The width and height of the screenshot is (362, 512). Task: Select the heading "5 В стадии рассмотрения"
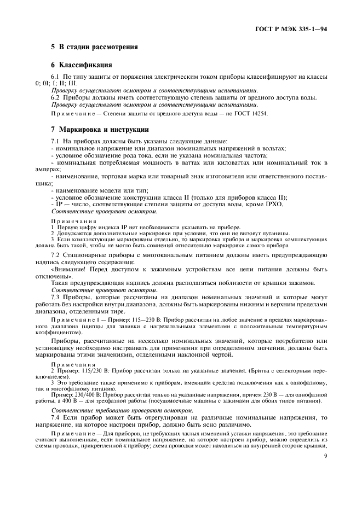pyautogui.click(x=90, y=47)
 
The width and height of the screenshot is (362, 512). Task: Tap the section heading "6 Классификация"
pyautogui.click(x=82, y=65)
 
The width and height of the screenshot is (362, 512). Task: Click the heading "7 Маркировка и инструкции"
pyautogui.click(x=99, y=130)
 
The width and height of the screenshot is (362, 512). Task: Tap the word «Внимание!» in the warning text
pyautogui.click(x=70, y=269)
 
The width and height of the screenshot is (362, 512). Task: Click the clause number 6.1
pyautogui.click(x=55, y=77)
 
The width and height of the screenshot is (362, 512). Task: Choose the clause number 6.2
pyautogui.click(x=55, y=97)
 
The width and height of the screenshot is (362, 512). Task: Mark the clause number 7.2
pyautogui.click(x=55, y=255)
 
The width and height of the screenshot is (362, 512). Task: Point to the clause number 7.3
pyautogui.click(x=55, y=298)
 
